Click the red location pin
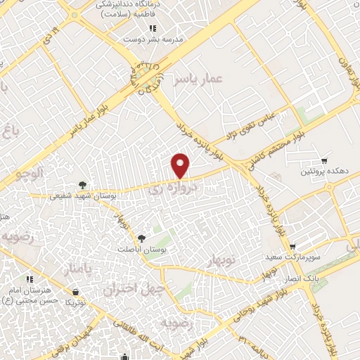[x=181, y=166]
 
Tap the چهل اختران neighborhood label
[x=128, y=288]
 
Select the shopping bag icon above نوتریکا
[x=75, y=291]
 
